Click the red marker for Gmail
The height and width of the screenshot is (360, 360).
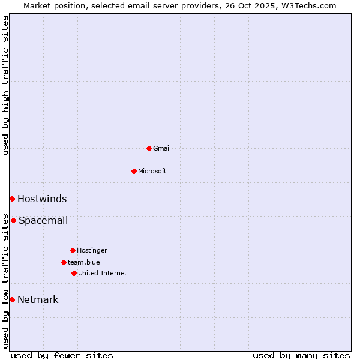[149, 148]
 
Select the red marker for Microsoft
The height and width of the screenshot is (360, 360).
[134, 171]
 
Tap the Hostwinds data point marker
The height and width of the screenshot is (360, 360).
[12, 199]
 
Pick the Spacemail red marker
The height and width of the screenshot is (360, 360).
[13, 220]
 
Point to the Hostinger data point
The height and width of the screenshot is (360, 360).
[73, 250]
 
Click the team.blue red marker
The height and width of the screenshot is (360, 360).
[64, 262]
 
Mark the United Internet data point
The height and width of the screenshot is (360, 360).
[74, 273]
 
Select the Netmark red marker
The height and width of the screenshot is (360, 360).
[12, 299]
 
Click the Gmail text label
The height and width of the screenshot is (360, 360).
[162, 148]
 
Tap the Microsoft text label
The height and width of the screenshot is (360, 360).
[152, 171]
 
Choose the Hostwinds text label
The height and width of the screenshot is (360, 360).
[42, 199]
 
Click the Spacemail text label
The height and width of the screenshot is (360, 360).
[43, 220]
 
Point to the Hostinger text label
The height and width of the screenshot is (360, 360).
[92, 250]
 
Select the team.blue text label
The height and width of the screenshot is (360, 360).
[84, 262]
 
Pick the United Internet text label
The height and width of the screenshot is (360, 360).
[103, 273]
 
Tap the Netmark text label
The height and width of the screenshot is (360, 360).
[38, 299]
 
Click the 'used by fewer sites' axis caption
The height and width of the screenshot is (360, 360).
[62, 355]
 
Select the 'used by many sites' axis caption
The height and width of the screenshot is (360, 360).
[301, 355]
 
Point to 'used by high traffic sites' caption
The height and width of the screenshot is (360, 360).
[5, 85]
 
